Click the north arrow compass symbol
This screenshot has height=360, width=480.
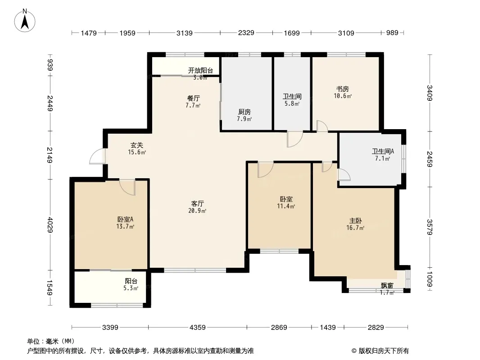tap(25, 21)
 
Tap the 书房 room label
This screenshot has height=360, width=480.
tap(343, 89)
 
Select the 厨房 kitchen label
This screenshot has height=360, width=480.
tap(245, 112)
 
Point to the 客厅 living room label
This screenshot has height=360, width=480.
tap(198, 204)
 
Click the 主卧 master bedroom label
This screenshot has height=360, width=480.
tap(355, 221)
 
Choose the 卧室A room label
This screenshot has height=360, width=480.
tap(125, 220)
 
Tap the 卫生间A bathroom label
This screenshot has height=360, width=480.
tap(383, 151)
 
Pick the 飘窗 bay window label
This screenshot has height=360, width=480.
tap(387, 286)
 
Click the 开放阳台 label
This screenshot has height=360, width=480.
tap(200, 71)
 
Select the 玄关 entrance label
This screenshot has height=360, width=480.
tap(136, 145)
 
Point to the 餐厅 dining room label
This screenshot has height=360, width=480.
tap(194, 99)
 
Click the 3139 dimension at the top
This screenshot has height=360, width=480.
tap(185, 33)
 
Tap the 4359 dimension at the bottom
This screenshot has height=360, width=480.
tap(198, 328)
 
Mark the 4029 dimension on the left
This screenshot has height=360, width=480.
tap(50, 225)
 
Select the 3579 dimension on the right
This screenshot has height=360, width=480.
tap(430, 227)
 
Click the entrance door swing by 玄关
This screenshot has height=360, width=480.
tap(98, 156)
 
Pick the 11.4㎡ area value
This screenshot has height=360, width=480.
tap(286, 207)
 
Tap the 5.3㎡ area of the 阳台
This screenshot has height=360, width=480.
tap(131, 288)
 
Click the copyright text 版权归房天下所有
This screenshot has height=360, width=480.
tap(384, 351)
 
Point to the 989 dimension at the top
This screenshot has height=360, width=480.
tap(392, 33)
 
